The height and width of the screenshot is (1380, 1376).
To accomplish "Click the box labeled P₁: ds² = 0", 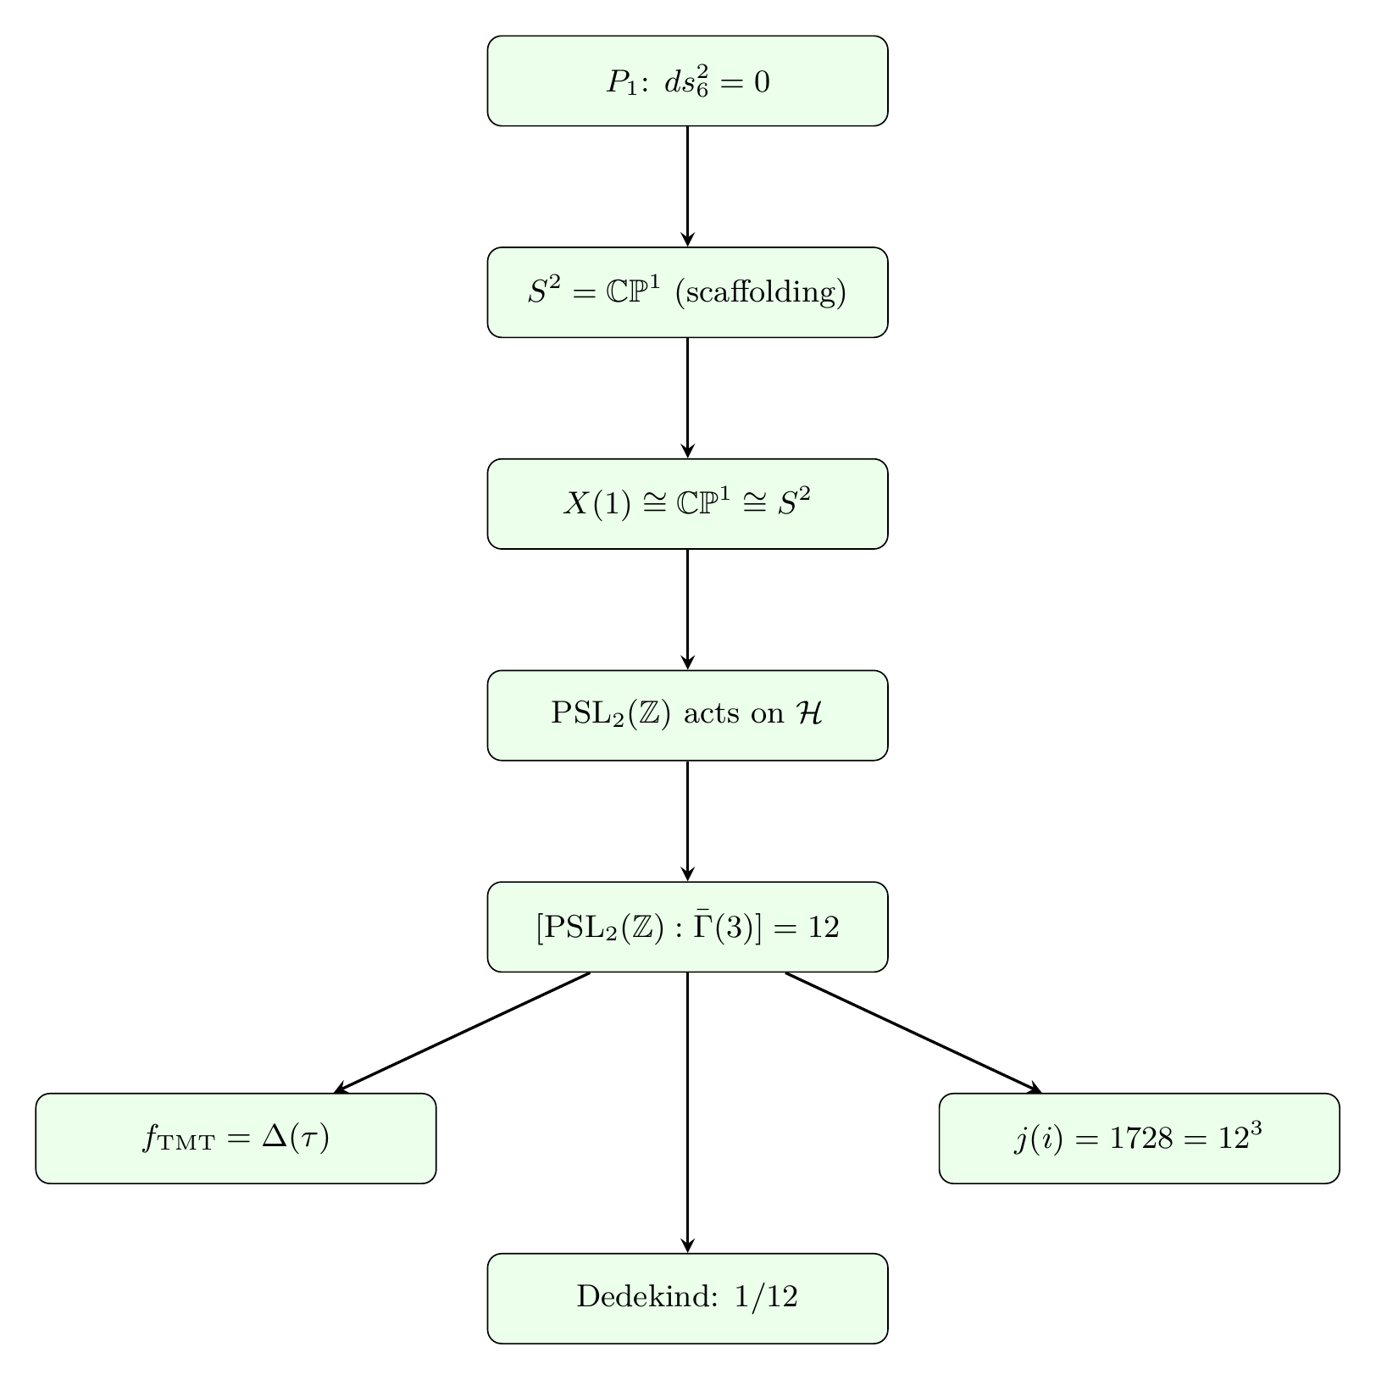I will [x=687, y=81].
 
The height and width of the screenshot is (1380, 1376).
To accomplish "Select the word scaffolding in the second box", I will [x=760, y=292].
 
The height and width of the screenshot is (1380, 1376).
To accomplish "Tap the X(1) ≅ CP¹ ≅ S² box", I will [x=687, y=504].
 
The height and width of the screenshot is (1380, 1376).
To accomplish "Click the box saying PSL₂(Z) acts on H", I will [x=687, y=716].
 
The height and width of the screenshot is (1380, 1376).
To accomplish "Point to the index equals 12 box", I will [x=687, y=927].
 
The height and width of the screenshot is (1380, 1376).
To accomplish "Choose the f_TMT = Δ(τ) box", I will [x=236, y=1139].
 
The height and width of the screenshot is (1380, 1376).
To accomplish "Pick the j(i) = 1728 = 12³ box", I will [x=1139, y=1139].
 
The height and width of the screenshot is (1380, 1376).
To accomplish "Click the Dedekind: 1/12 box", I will [x=687, y=1298].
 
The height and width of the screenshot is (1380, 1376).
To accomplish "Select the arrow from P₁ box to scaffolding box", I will [x=687, y=186].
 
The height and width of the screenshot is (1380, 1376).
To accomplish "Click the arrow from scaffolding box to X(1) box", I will [x=687, y=398].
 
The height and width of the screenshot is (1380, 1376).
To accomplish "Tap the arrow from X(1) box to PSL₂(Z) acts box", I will [x=687, y=610].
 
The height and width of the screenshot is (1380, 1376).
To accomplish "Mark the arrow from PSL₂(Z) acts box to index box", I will [x=687, y=822].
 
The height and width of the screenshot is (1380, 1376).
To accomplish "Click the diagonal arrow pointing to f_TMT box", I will [x=462, y=1033].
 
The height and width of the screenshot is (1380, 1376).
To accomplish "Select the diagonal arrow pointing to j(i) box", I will [x=913, y=1033].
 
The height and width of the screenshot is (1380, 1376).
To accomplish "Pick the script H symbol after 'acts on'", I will [x=809, y=714].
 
